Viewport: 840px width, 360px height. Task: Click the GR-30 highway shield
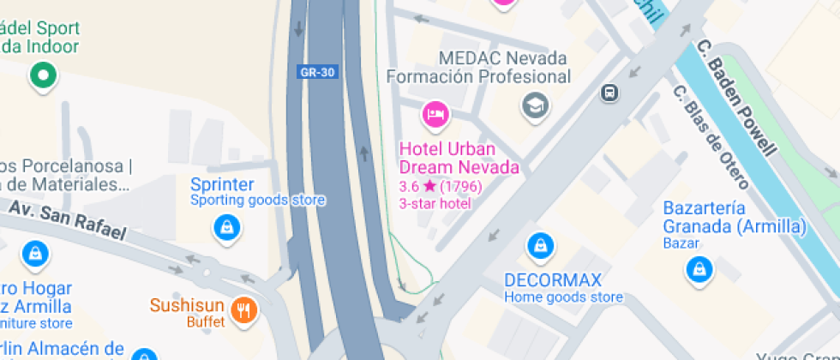click(317, 72)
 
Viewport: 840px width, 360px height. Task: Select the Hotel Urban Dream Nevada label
click(459, 158)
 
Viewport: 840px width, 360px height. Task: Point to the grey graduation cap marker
click(536, 105)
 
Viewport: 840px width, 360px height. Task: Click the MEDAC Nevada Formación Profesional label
click(478, 68)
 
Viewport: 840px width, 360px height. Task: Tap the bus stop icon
click(610, 92)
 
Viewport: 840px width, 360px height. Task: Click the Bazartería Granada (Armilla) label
click(735, 218)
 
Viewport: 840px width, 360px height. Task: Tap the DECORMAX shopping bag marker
click(540, 245)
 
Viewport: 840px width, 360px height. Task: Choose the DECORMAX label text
click(553, 280)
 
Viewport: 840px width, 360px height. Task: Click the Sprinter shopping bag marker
click(226, 227)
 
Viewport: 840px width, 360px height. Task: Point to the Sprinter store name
click(222, 185)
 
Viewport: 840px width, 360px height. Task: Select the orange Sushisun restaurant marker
click(245, 309)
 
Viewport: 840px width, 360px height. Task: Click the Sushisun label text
click(187, 305)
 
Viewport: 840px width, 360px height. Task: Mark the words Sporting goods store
click(257, 201)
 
